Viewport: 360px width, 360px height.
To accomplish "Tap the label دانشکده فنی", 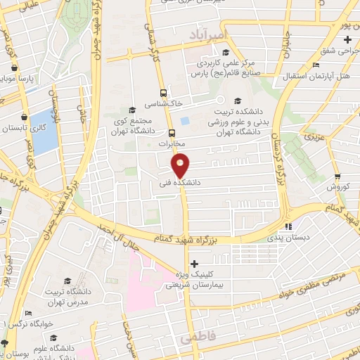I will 181,182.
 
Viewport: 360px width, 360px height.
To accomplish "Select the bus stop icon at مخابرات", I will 172,132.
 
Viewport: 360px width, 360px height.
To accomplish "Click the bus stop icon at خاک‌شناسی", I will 163,93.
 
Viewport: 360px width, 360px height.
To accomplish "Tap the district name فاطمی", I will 195,338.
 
